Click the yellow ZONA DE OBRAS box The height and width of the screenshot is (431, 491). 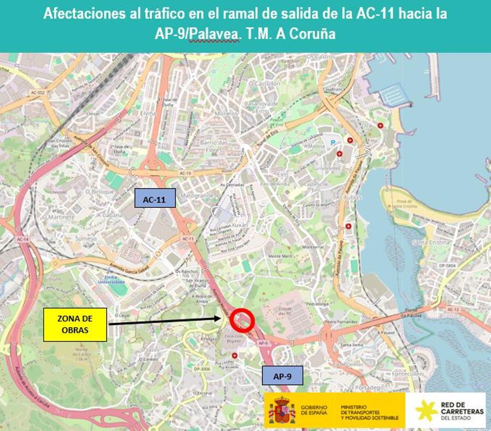[x=75, y=325]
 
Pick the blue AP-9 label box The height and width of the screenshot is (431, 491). [x=282, y=376]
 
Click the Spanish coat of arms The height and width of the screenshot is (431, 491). [x=282, y=410]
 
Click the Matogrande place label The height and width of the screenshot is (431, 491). [x=197, y=196]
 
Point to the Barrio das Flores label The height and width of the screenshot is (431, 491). [x=214, y=146]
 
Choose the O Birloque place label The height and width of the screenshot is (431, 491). [x=100, y=192]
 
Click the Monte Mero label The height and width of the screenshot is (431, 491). [x=280, y=256]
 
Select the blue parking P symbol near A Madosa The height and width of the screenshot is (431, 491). [x=332, y=142]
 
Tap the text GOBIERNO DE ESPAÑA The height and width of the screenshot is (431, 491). [x=314, y=410]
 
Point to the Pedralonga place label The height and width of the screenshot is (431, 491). [x=318, y=304]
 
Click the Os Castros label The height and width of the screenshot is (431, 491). [x=321, y=56]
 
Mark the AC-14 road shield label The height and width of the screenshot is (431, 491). [x=23, y=239]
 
